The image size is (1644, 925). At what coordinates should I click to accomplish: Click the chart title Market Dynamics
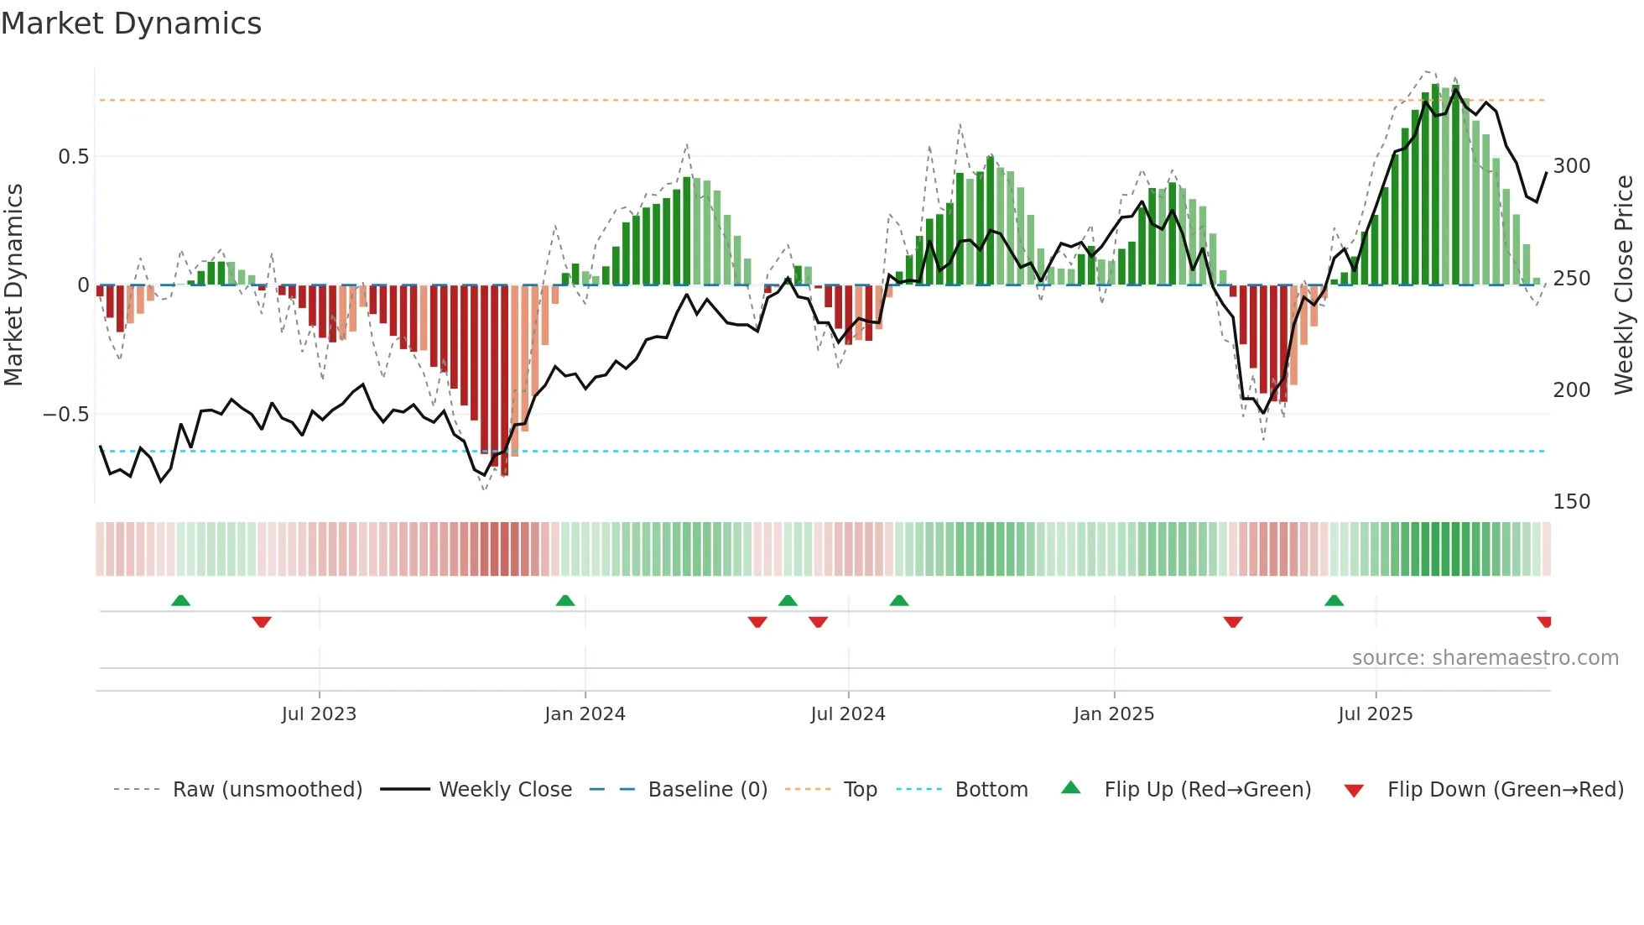click(131, 24)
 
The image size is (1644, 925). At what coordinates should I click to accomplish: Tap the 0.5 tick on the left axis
click(73, 157)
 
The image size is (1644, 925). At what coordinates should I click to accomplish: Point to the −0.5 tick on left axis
click(66, 415)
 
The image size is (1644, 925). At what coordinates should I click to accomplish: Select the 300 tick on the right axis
click(1571, 166)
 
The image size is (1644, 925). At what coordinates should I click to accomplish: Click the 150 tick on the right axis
click(1571, 502)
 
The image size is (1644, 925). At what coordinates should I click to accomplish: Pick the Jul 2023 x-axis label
click(319, 714)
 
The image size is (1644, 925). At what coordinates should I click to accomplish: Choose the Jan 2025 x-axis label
click(1113, 714)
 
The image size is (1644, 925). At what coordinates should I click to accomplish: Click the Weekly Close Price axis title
click(1624, 285)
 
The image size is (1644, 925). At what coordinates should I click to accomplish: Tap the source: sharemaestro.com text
click(1485, 658)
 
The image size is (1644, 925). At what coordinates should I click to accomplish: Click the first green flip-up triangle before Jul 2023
click(180, 600)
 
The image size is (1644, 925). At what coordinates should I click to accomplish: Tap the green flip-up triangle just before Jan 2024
click(565, 600)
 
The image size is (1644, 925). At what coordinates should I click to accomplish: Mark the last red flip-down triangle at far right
click(1544, 622)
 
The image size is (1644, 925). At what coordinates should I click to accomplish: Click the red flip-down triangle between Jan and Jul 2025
click(1232, 622)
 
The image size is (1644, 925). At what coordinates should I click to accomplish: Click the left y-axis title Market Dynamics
click(13, 285)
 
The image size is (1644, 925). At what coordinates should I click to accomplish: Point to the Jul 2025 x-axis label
click(1375, 714)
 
